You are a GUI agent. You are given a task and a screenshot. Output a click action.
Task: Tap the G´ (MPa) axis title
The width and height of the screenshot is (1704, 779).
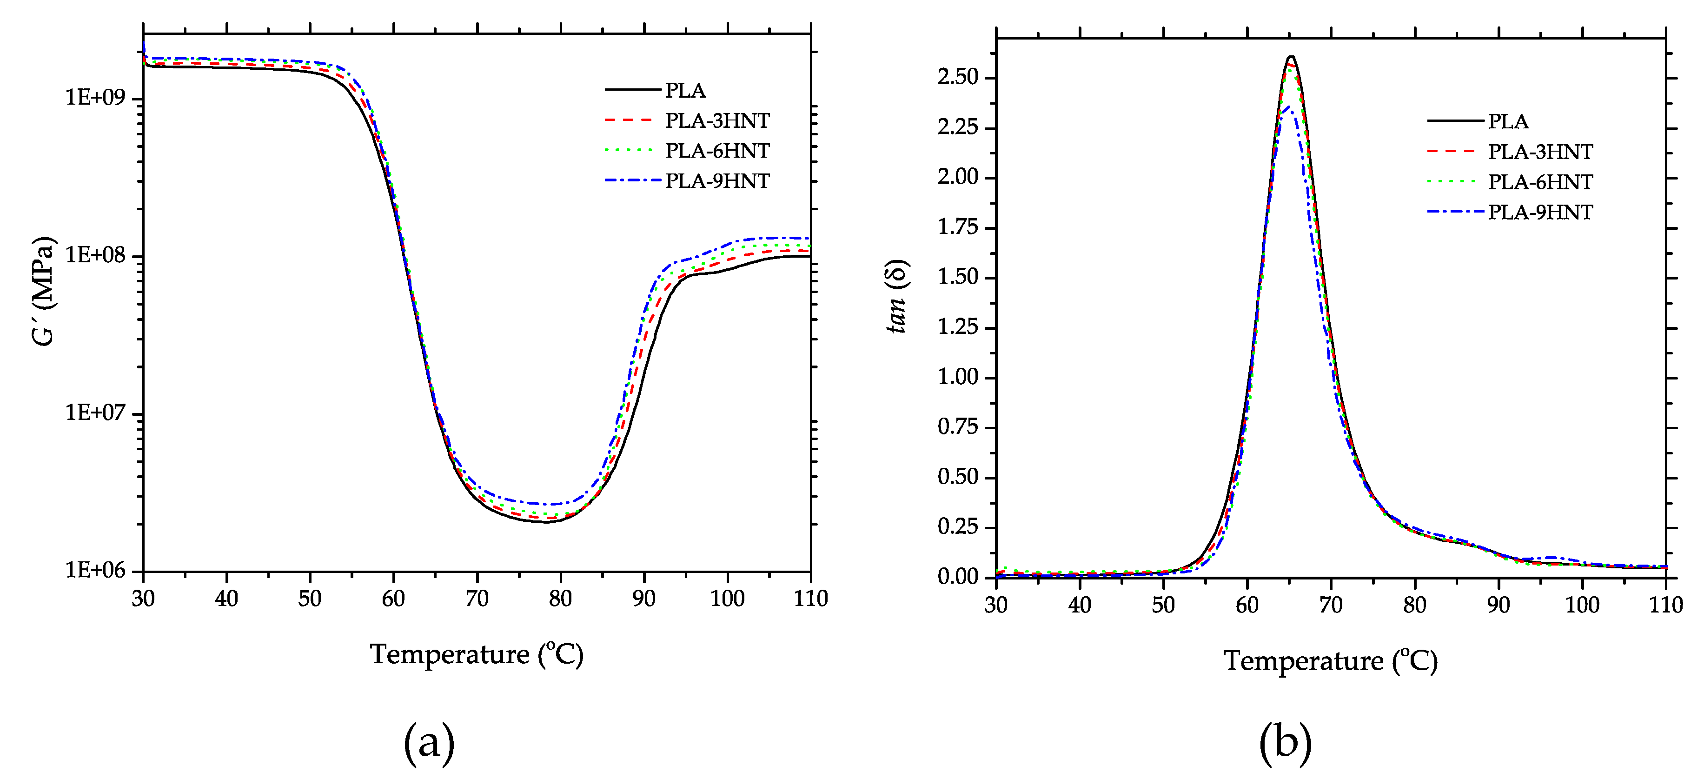pos(44,291)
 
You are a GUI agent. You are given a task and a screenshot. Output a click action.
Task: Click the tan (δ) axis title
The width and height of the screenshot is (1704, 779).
pos(897,296)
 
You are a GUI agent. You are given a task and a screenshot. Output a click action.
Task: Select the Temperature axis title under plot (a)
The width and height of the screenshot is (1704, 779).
pos(476,654)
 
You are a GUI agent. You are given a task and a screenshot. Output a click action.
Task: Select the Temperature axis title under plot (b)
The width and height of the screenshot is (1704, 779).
pos(1330,660)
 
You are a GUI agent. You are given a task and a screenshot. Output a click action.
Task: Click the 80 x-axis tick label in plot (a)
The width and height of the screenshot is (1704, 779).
pos(560,598)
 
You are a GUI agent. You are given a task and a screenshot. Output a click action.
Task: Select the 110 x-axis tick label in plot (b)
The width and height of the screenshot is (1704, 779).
pos(1665,604)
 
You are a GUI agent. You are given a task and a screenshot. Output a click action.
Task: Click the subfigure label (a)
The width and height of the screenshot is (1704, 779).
pos(429,741)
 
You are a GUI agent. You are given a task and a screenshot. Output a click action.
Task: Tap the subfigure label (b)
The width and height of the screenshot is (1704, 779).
pos(1285,741)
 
